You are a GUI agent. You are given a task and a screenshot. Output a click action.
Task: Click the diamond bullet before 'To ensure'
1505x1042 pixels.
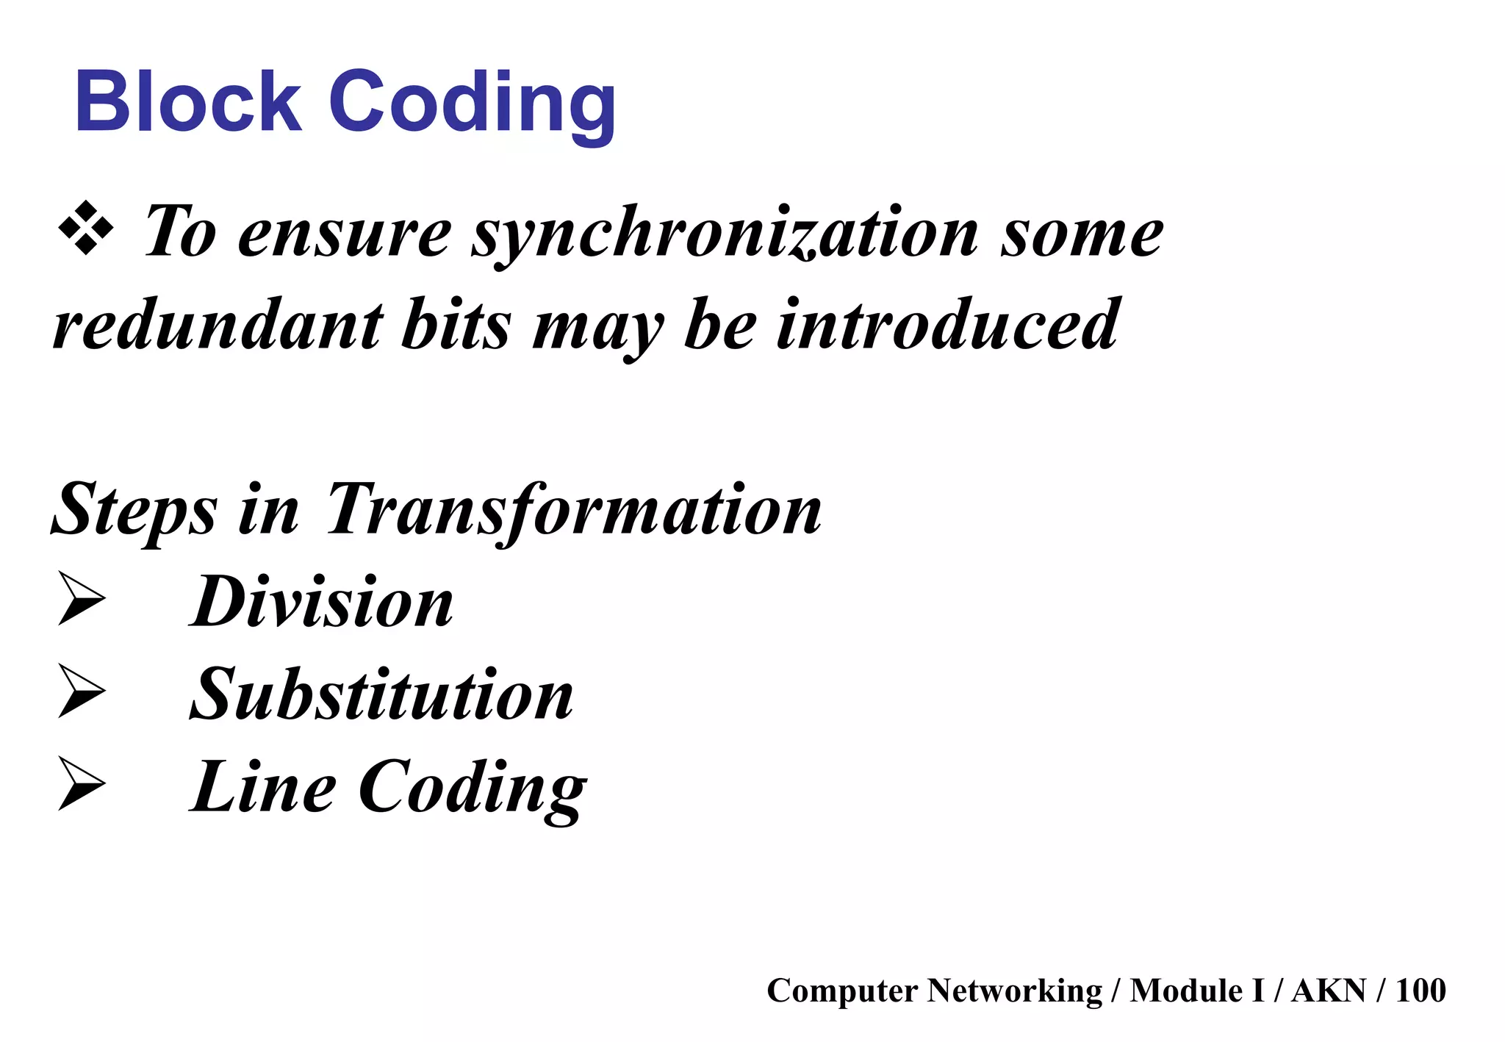(x=86, y=228)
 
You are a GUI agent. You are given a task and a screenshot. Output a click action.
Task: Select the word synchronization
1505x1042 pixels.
(x=725, y=234)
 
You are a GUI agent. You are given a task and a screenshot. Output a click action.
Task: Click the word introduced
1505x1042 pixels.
(x=948, y=326)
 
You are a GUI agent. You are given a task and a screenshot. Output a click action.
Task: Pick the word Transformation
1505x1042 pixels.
(x=573, y=510)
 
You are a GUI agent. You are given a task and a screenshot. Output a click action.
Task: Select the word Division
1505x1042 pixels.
(x=322, y=602)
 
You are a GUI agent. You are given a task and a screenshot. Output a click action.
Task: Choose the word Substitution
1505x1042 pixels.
(x=381, y=694)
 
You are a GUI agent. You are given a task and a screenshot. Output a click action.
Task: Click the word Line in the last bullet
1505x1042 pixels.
(x=263, y=787)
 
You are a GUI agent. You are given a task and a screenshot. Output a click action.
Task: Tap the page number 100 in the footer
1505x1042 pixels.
(x=1420, y=990)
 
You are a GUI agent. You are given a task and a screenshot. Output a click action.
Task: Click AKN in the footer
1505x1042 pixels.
(x=1329, y=990)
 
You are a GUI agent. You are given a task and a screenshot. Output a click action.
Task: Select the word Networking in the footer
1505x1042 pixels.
(x=1014, y=991)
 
